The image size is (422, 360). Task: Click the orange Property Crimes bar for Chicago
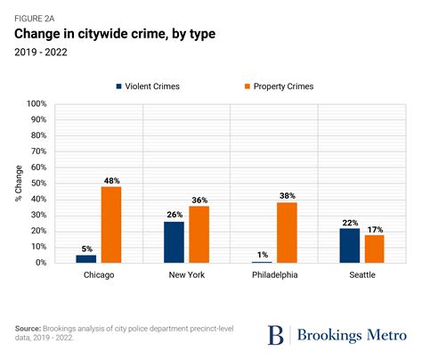[110, 225]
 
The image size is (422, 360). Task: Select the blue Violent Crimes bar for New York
[174, 242]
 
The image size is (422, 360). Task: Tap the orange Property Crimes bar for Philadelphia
[286, 233]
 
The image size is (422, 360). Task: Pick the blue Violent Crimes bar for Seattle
[349, 245]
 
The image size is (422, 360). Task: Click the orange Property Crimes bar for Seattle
[374, 249]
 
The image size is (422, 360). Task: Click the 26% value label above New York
[174, 214]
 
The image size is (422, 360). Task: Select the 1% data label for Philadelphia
[261, 254]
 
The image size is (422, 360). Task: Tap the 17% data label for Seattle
[375, 228]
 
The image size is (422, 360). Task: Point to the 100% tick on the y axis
[35, 104]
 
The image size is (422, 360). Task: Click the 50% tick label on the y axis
[37, 184]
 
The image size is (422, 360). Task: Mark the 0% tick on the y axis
[39, 263]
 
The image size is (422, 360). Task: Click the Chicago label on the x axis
[98, 275]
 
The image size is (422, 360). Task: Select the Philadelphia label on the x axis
[273, 275]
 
